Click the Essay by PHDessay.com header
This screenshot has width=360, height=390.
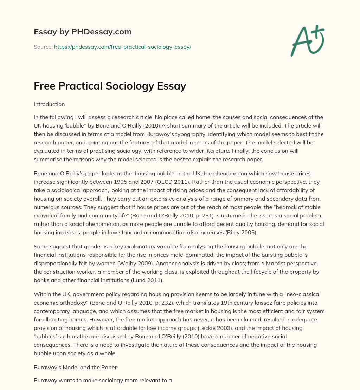point(83,32)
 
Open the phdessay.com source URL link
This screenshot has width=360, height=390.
point(122,47)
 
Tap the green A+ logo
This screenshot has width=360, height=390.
point(307,40)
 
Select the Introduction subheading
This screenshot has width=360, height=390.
point(49,104)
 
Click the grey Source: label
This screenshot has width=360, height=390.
point(43,47)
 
